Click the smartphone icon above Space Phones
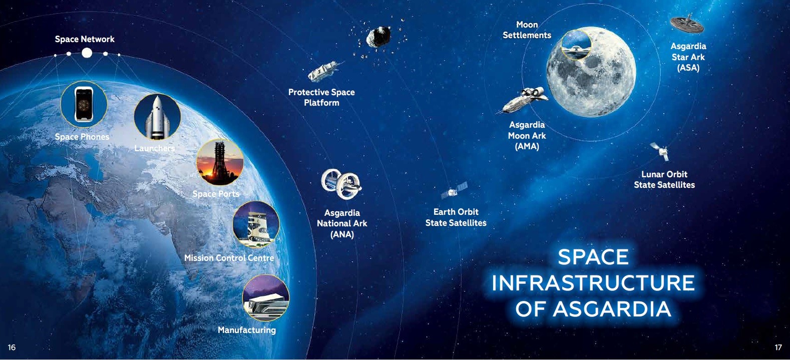tap(84, 104)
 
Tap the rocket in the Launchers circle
tap(157, 117)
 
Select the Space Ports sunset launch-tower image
tap(220, 162)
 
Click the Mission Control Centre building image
tap(256, 224)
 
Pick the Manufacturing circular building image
tap(266, 298)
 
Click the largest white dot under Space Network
tap(87, 53)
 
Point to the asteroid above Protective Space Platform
tap(378, 37)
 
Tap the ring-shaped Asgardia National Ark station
tap(341, 184)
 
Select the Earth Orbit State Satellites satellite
tap(454, 190)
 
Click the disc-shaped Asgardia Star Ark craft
tap(686, 24)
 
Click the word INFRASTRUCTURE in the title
tap(593, 283)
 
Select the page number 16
tap(12, 347)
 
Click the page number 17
tap(778, 347)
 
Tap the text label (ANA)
tap(342, 234)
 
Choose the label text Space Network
tap(85, 39)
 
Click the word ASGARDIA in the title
tap(612, 309)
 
